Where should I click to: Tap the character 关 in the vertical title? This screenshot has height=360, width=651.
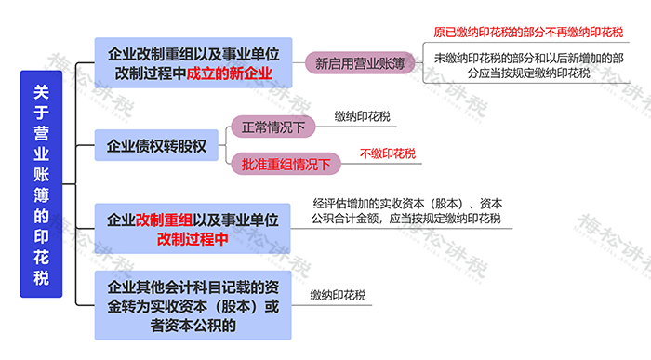coord(41,91)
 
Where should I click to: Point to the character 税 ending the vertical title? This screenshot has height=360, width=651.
coord(41,277)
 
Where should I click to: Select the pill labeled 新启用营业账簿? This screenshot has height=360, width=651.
coord(360,64)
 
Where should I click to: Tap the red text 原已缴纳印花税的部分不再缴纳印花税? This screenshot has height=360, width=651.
coord(528,33)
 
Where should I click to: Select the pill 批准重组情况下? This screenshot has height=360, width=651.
coord(286,165)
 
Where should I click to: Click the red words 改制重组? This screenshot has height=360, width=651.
coord(165,220)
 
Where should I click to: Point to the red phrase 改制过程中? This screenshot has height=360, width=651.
coord(193,239)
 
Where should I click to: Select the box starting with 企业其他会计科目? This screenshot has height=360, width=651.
coord(193,305)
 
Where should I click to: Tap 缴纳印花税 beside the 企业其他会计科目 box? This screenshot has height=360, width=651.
coord(339,296)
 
